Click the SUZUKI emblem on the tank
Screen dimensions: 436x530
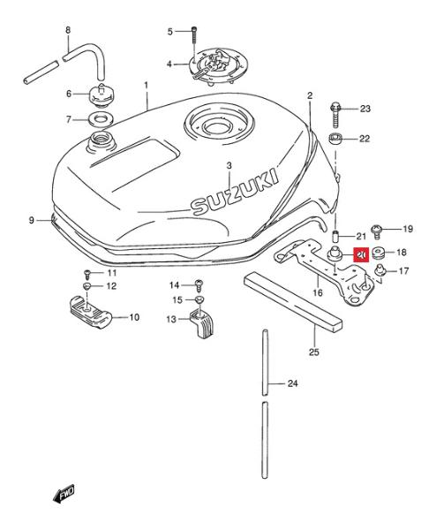tap(236, 192)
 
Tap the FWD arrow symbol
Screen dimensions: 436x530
tap(64, 495)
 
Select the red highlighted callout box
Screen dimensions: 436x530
tap(361, 254)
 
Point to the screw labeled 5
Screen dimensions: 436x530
tap(193, 35)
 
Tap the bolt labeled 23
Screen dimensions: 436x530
tap(335, 115)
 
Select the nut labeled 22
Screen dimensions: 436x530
tap(335, 139)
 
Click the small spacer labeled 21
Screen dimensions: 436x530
tap(335, 236)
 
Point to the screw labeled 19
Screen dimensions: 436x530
tap(376, 231)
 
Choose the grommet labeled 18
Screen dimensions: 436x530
tap(379, 253)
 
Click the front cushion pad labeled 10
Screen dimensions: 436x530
tap(90, 312)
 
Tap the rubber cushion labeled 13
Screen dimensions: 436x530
tap(202, 324)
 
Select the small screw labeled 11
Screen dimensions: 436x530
tap(87, 273)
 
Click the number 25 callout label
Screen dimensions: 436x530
tap(313, 352)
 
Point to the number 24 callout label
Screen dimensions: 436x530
tap(292, 383)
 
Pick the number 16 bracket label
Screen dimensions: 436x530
tap(318, 292)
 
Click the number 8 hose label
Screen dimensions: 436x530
tap(68, 30)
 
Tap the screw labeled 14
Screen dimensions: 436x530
tap(199, 285)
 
